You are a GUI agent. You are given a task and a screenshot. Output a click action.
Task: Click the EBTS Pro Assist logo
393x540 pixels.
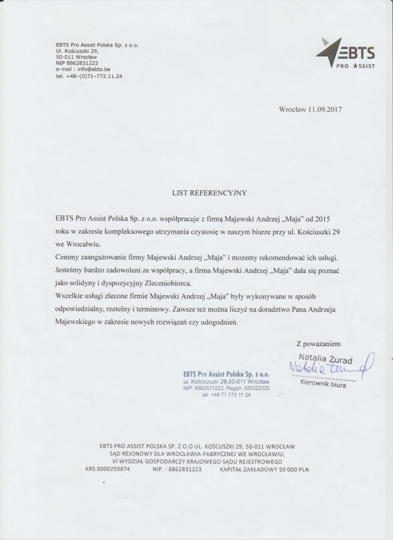(x=346, y=53)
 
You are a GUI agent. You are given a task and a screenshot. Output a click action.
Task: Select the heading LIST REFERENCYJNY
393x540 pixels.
(x=209, y=192)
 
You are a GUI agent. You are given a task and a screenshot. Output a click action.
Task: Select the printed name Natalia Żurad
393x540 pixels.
(x=323, y=357)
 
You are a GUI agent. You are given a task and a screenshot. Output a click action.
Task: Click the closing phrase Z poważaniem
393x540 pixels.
(x=318, y=344)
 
